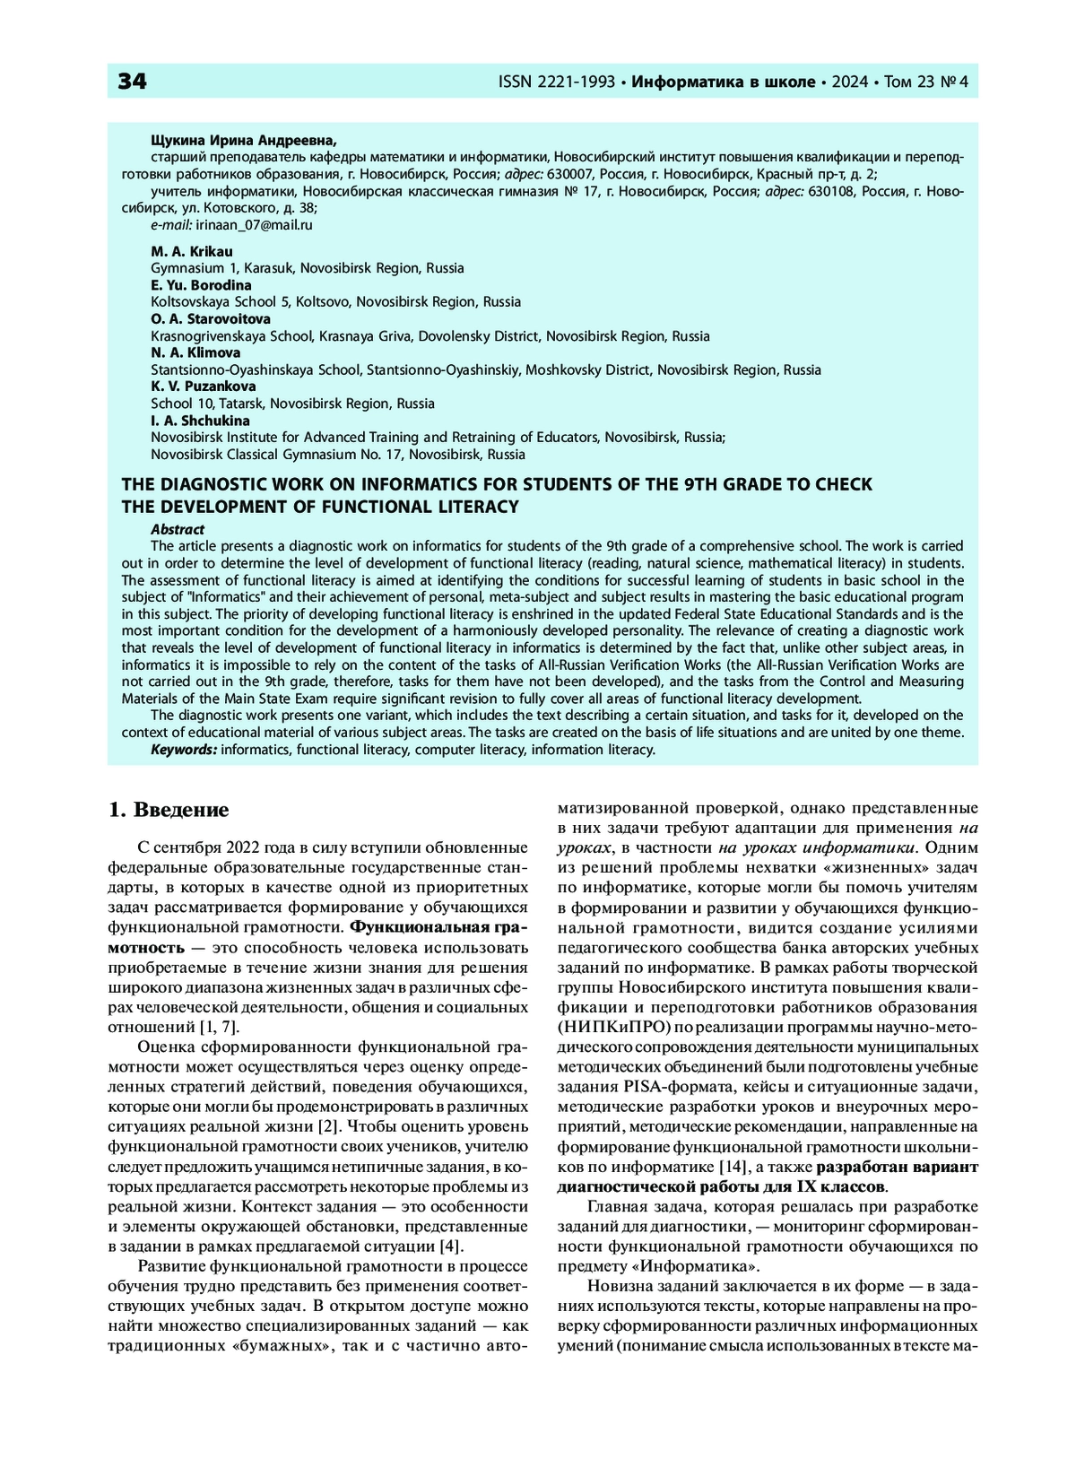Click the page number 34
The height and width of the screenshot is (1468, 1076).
tap(132, 82)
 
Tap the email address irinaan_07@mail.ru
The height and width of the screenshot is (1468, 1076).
tap(255, 225)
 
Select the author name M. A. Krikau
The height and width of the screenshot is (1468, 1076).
tap(191, 251)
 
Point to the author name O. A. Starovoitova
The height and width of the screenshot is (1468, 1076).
tap(210, 319)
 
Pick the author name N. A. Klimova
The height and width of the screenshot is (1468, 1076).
tap(195, 352)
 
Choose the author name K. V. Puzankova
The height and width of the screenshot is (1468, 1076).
tap(203, 387)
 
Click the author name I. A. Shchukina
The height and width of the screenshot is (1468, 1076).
tap(200, 421)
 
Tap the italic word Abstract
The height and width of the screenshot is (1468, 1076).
tap(178, 529)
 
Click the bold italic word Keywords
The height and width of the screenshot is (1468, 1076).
tap(184, 750)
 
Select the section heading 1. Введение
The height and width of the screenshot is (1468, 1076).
tap(169, 810)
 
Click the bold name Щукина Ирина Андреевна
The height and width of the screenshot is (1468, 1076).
tap(244, 140)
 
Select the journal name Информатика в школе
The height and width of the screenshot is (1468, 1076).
tap(724, 83)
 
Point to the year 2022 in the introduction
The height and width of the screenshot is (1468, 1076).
tap(247, 847)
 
